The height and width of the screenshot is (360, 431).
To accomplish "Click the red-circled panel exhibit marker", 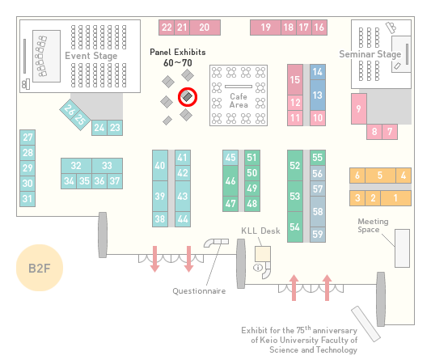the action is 188,97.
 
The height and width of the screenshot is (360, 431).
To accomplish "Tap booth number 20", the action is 205,28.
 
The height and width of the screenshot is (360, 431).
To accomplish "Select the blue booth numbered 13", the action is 318,95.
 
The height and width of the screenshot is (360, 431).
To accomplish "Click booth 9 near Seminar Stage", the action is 359,108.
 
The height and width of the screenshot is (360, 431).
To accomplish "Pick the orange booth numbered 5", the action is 380,176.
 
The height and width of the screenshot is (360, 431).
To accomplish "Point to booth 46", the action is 230,180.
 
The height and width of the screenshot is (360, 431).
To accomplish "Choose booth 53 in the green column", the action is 295,196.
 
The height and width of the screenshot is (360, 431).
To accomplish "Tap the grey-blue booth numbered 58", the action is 318,211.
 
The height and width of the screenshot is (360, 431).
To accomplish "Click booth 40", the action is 160,165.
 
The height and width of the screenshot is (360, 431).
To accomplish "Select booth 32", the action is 76,166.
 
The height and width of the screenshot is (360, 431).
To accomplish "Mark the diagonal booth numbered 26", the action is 70,110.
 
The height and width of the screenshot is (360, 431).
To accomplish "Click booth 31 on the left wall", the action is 27,198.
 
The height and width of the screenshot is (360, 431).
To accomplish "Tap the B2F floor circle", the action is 40,268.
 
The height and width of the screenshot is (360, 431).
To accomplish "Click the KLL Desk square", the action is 263,254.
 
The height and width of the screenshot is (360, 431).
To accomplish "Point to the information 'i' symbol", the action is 258,267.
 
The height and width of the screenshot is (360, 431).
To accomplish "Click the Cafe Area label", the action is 239,100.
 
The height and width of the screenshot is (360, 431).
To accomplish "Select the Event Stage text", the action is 91,56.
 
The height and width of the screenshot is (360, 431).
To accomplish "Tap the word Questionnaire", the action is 199,291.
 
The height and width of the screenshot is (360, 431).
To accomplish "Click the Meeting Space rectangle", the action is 402,248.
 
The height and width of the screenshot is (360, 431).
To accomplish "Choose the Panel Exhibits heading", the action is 178,52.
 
